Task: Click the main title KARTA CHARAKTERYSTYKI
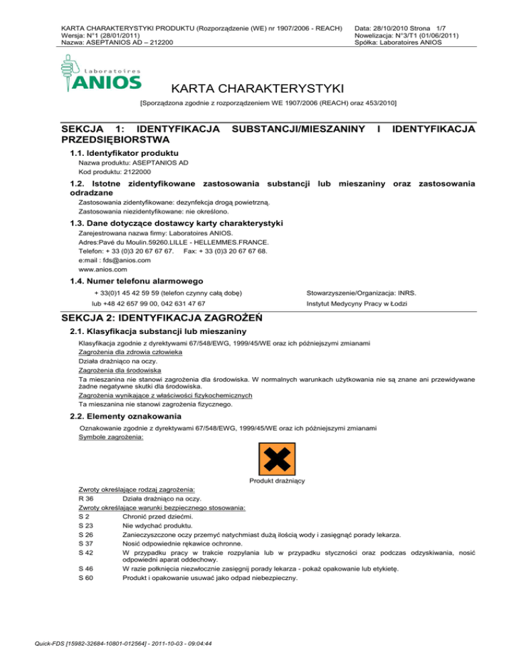coord(258,89)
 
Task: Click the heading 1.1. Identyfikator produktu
coord(124,154)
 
